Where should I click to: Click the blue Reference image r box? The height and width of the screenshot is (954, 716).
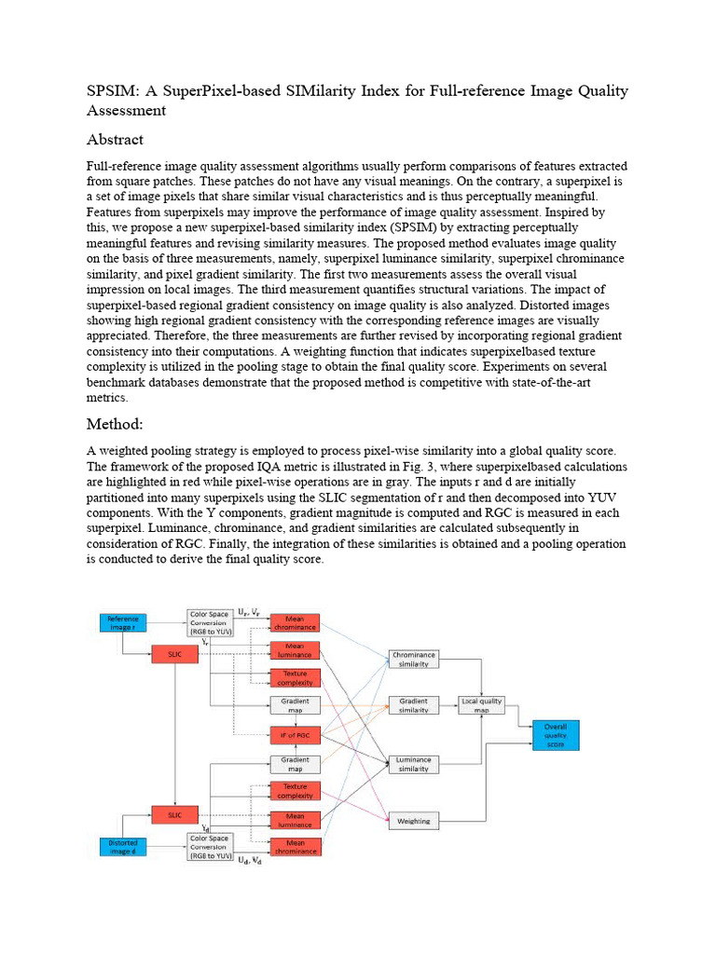(124, 622)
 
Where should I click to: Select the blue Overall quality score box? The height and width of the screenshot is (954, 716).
(556, 734)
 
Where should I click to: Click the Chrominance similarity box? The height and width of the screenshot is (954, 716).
(413, 660)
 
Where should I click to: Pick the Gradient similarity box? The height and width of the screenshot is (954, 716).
(413, 705)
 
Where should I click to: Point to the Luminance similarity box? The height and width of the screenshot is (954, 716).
(413, 765)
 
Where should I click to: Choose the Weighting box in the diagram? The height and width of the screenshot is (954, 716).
(413, 821)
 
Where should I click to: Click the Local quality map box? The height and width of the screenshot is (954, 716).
(481, 705)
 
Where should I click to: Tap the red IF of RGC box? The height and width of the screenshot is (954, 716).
(295, 735)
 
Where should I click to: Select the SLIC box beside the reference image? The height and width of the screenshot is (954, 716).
(175, 656)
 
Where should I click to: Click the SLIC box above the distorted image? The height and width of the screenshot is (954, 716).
(175, 814)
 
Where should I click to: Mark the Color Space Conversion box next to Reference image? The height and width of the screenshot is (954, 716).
(211, 622)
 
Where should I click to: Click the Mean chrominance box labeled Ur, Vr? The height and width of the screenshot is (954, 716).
(295, 622)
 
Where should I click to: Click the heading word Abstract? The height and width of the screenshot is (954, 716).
(115, 140)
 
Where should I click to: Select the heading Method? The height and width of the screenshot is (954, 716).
(115, 424)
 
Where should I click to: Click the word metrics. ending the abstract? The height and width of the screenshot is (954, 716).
(106, 397)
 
